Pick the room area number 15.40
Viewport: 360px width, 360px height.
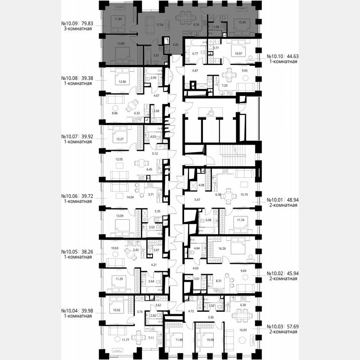pyautogui.click(x=243, y=21)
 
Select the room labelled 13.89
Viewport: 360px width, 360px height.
pyautogui.click(x=121, y=43)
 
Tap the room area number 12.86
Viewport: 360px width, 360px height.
pyautogui.click(x=122, y=82)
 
